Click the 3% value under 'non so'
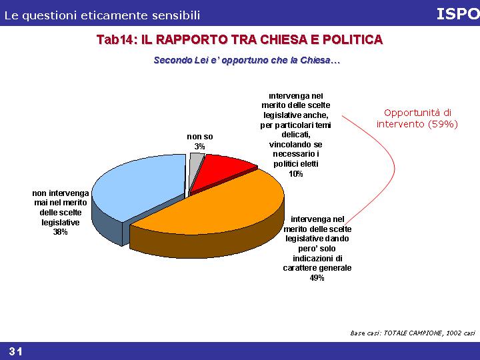[199, 147]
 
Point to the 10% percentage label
[296, 174]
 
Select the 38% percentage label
[60, 232]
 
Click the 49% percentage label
[317, 278]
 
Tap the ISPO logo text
[458, 14]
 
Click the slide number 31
[15, 351]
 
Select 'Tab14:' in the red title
[117, 39]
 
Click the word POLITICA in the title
[353, 39]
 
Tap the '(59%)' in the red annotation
[443, 124]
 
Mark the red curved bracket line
[394, 168]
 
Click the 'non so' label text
[200, 137]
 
